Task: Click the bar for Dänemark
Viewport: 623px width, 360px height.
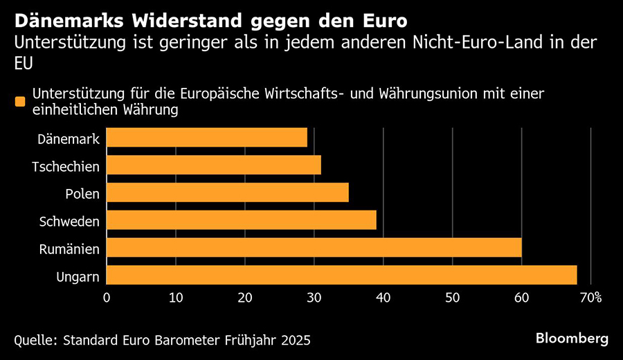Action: click(206, 137)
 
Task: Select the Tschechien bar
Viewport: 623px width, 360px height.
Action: click(213, 165)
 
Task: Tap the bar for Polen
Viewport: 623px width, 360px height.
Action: click(227, 192)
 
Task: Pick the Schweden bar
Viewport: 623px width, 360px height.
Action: click(241, 220)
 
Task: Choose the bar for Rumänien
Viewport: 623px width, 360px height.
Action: click(314, 248)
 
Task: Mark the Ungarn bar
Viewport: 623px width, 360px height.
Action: click(341, 275)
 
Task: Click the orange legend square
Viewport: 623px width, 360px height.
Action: click(20, 102)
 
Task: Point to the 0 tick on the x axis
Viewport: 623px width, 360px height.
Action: click(107, 298)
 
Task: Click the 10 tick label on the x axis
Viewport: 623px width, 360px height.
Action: click(176, 298)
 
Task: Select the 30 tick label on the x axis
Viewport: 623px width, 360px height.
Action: click(314, 298)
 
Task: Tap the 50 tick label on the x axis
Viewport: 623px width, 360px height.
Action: click(452, 298)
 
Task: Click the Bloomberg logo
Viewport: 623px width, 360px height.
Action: click(572, 339)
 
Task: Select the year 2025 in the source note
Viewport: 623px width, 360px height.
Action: click(294, 340)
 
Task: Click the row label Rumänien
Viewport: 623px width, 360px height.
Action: click(69, 249)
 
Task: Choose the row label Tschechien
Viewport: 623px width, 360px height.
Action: click(66, 166)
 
